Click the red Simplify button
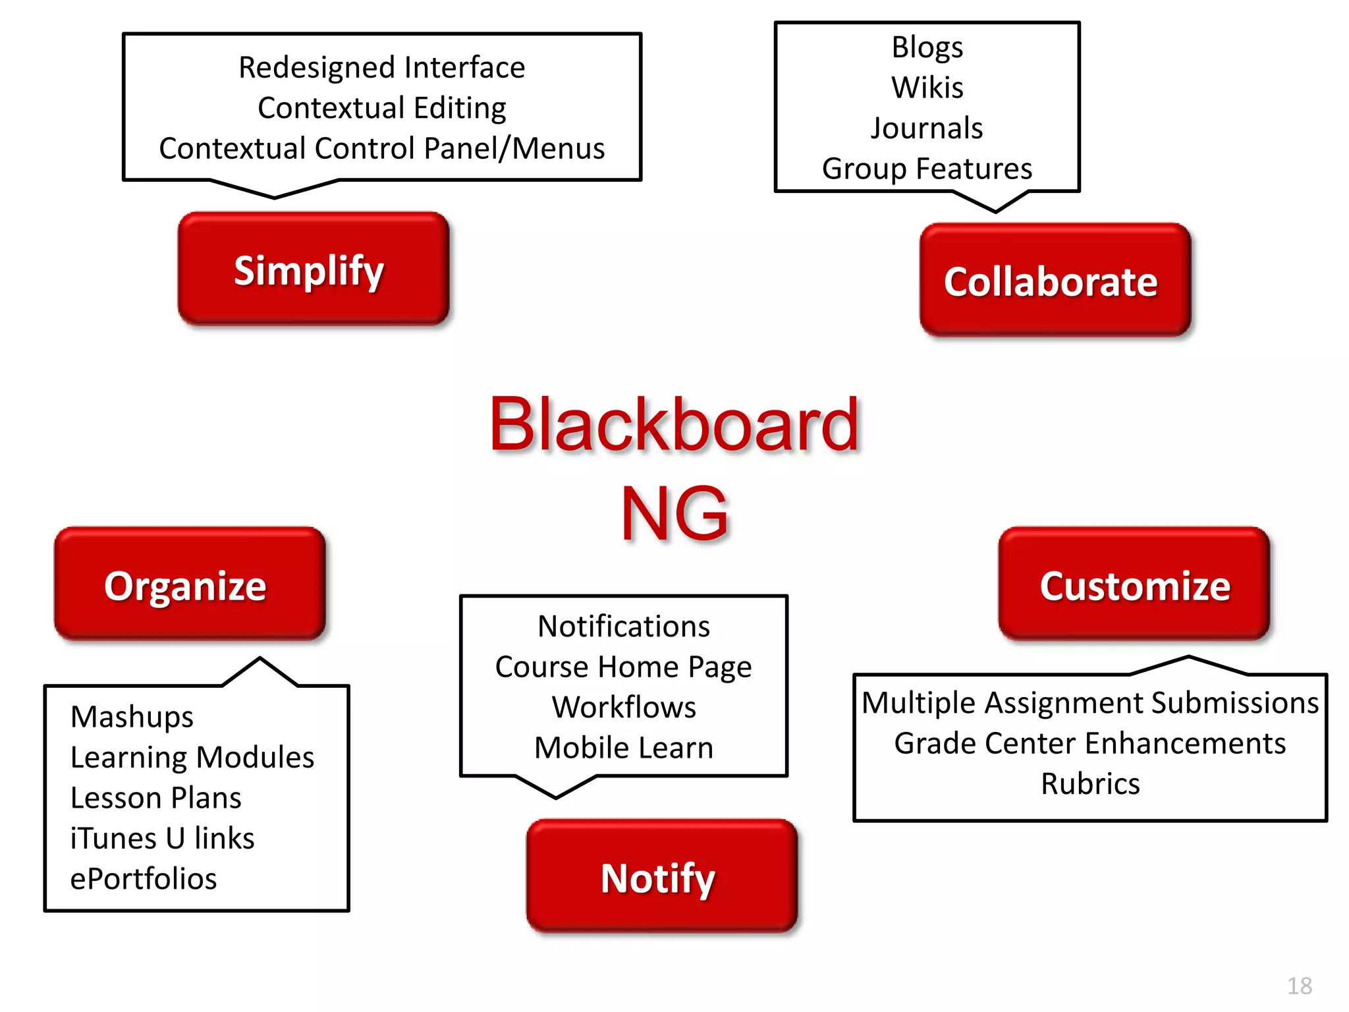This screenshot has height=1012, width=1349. point(313,269)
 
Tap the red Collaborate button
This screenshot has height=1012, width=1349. point(1055,281)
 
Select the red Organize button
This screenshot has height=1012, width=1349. point(190,584)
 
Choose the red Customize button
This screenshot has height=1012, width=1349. point(1134,584)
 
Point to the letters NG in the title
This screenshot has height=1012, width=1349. point(674,513)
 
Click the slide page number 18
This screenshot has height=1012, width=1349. point(1299,986)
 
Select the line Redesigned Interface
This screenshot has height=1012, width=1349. point(381,67)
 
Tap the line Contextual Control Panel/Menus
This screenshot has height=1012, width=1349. point(381,148)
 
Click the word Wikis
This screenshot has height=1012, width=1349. point(927,88)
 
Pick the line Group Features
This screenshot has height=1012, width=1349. point(927,169)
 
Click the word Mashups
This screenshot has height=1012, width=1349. point(132,717)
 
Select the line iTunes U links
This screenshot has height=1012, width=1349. point(162,838)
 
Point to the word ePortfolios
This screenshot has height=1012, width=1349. point(144,879)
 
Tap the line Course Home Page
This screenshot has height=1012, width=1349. point(623,667)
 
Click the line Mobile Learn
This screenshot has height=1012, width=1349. point(623,748)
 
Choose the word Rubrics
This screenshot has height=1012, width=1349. point(1090,784)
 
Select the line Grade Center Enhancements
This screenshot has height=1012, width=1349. point(1090,743)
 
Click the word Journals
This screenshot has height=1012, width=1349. point(927,128)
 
